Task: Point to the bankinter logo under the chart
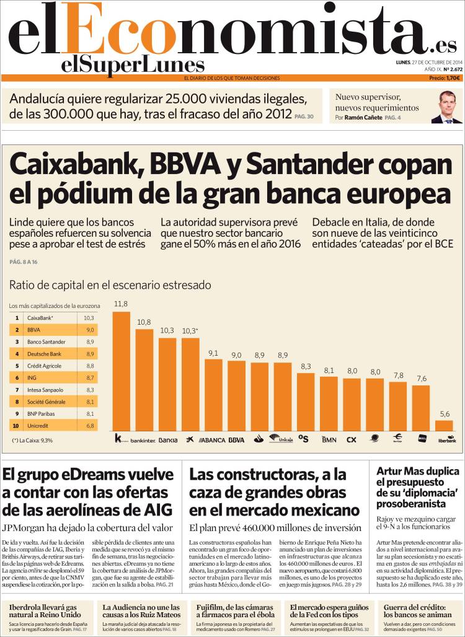coord(144,440)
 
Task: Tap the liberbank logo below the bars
coord(446,439)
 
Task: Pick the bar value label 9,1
coord(213,353)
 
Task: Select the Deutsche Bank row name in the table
coord(44,353)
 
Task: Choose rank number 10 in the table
coord(17,426)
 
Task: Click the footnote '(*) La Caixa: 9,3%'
coord(32,441)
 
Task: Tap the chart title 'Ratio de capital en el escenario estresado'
coord(110,285)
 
